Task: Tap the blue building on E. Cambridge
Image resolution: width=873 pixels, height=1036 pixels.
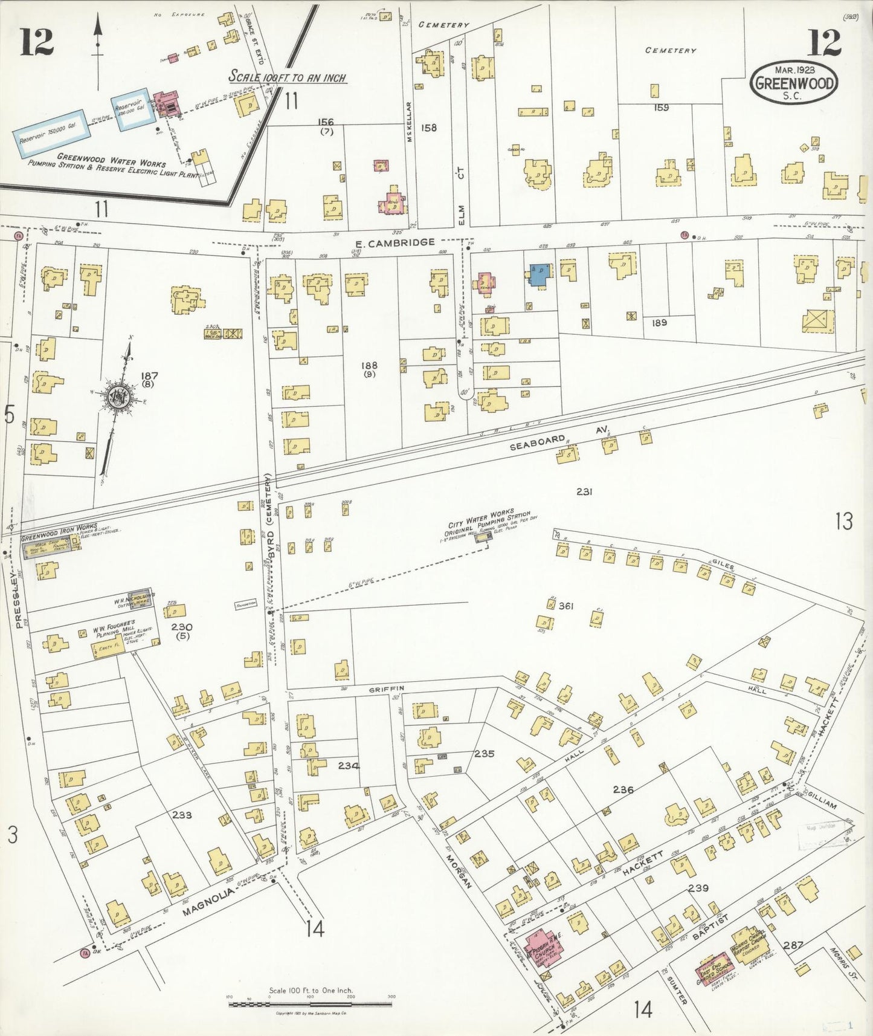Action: [540, 274]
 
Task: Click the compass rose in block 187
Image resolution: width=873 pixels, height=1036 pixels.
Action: [115, 397]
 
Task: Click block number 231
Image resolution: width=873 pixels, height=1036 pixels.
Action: [584, 492]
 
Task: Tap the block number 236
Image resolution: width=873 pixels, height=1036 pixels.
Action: [623, 789]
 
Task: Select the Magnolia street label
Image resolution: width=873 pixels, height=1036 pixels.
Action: [207, 894]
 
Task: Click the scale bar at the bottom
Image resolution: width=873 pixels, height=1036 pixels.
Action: [311, 1004]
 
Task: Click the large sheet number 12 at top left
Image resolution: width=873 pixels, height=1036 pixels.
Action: [37, 42]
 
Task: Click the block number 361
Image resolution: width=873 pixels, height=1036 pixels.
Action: [565, 606]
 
